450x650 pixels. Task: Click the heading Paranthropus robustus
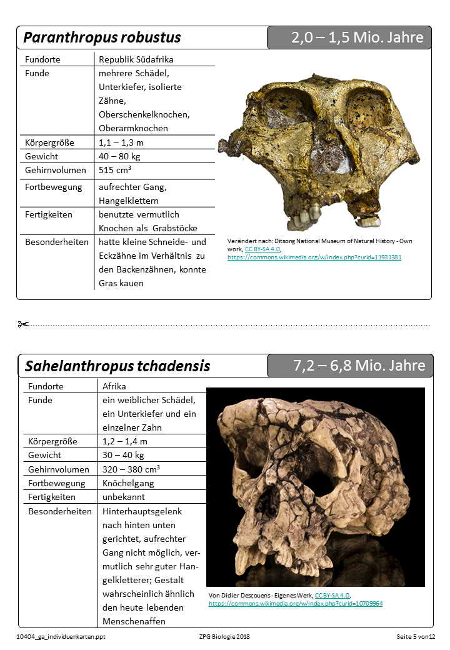click(102, 37)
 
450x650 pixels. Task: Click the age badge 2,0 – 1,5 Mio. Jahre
click(357, 37)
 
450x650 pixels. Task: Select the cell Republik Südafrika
click(136, 59)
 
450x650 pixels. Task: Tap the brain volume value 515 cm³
click(115, 170)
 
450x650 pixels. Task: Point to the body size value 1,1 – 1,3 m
click(121, 142)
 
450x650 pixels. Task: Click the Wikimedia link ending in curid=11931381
click(314, 257)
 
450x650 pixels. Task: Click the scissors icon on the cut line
click(24, 324)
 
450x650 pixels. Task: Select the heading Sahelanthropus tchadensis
click(117, 366)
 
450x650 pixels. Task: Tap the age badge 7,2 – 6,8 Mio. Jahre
click(359, 366)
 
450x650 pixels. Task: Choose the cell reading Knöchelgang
click(128, 483)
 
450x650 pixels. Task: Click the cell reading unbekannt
click(124, 497)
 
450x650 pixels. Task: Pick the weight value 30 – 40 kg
click(123, 455)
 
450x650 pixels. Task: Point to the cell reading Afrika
click(114, 386)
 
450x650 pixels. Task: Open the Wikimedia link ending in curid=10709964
click(295, 604)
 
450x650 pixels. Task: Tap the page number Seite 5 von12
click(415, 636)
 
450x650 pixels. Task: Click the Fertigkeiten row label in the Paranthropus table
click(49, 214)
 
